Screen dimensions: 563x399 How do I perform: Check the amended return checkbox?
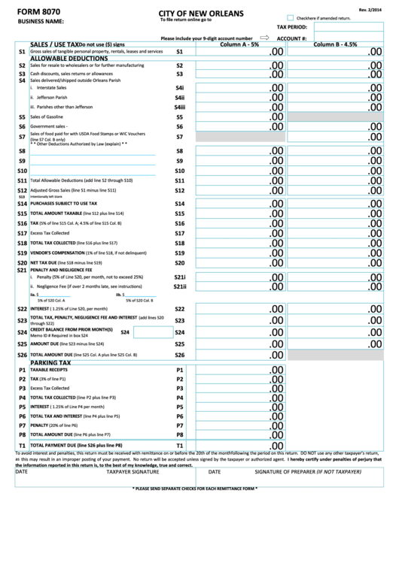[x=291, y=17]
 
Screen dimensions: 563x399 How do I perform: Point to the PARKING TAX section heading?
[x=50, y=362]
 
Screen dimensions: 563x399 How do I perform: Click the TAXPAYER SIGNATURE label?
[x=132, y=472]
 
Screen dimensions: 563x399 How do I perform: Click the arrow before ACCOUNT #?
[x=264, y=37]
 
